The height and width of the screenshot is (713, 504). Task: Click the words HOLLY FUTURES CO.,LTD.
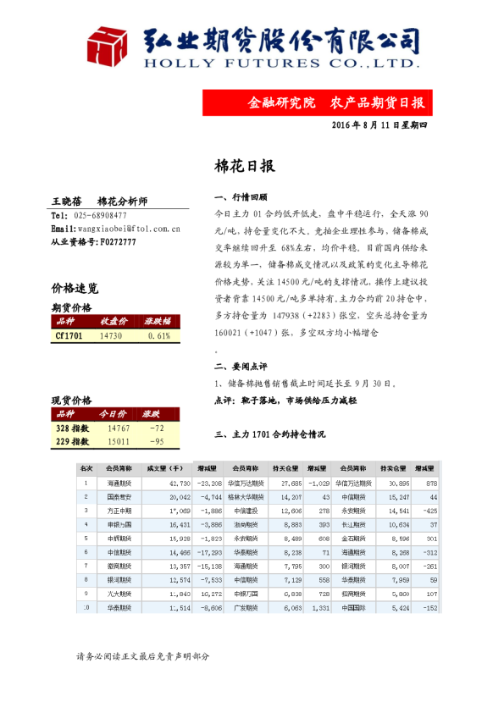pos(280,63)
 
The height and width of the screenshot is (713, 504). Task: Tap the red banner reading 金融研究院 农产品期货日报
pos(335,102)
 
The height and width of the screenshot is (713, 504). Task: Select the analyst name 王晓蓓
pos(67,202)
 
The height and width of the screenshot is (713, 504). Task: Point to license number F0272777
pos(118,241)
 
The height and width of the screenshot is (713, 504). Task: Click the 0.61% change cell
pos(158,336)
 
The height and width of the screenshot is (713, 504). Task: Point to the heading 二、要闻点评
pos(242,367)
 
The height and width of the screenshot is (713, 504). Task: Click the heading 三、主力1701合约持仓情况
pos(270,434)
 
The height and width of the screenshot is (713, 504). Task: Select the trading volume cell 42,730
pos(167,482)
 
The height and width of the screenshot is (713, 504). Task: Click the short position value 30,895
pos(398,482)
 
